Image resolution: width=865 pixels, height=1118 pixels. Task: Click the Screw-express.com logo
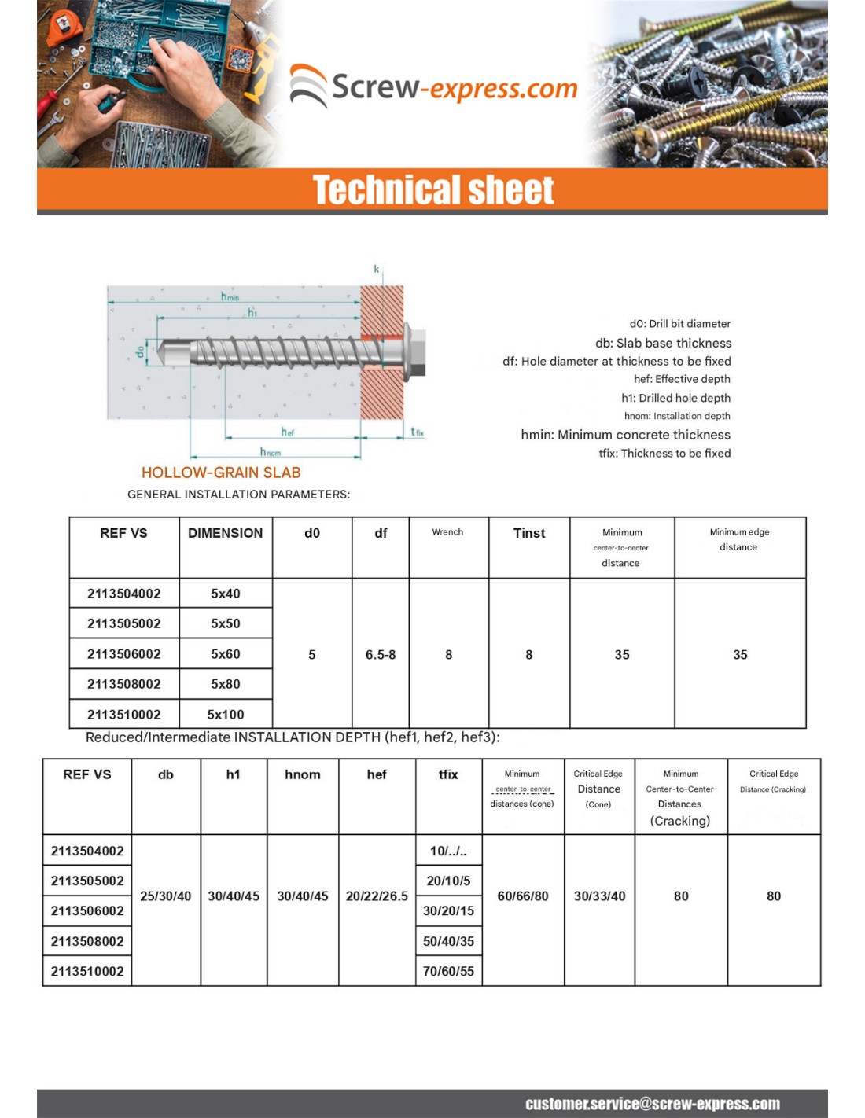pos(433,86)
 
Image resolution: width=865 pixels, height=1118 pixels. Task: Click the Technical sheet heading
pos(433,190)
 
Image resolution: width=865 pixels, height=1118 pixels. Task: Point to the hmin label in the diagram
pos(230,296)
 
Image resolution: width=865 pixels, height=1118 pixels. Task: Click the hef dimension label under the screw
pos(288,432)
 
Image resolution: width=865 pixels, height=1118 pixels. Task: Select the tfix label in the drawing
pos(418,432)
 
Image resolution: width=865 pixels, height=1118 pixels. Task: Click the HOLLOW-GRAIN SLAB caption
pos(221,473)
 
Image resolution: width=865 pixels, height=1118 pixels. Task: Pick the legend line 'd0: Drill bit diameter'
pos(679,324)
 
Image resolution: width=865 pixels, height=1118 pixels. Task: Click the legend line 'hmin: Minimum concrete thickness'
pos(625,435)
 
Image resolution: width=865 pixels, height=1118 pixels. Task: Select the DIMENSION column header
pos(225,533)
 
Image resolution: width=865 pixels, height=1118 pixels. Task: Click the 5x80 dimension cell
pos(225,684)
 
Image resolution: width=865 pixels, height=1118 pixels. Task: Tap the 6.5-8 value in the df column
pos(381,654)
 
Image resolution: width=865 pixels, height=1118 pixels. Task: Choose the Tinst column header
pos(528,533)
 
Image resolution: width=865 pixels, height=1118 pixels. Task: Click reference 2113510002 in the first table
pos(123,714)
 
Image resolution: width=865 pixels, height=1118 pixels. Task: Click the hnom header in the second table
pos(303,774)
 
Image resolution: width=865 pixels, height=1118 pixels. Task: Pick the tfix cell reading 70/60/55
pos(448,971)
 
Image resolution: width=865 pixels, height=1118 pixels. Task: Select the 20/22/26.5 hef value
pos(377,896)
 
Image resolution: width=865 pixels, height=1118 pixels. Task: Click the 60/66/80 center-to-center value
pos(523,896)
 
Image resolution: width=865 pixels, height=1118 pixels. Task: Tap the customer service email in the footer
pos(653,1104)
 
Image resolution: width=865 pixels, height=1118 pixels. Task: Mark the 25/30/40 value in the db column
pos(165,896)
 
